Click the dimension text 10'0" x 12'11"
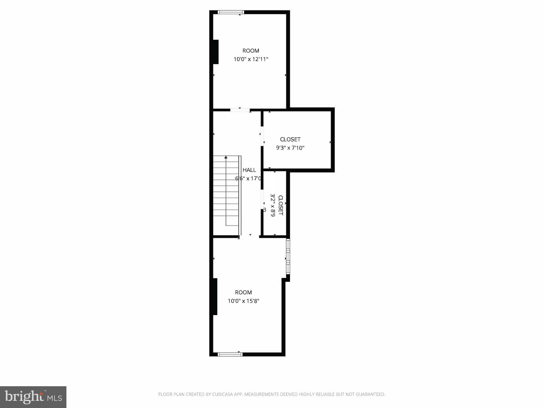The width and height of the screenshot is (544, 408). tap(251, 59)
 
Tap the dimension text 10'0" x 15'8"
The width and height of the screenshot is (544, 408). tap(243, 301)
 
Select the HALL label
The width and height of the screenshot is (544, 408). tap(249, 170)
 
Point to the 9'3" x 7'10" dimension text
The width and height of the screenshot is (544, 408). tap(290, 148)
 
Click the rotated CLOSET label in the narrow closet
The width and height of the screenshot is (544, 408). tap(280, 205)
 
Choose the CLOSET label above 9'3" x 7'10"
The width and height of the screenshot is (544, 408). tap(290, 139)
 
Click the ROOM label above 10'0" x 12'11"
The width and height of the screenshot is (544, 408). tap(251, 51)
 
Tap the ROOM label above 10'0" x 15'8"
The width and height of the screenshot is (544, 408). tap(243, 292)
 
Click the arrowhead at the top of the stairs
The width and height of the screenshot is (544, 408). tap(226, 157)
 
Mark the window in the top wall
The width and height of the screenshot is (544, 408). tap(231, 12)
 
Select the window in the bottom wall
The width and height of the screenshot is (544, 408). tap(230, 354)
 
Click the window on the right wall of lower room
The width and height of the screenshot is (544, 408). tap(288, 257)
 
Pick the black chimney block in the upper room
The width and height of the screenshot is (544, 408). tap(215, 52)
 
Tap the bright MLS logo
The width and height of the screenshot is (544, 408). tap(33, 397)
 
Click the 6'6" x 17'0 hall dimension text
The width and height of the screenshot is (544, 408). tap(248, 178)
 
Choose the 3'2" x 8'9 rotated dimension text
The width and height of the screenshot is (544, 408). tap(273, 205)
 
